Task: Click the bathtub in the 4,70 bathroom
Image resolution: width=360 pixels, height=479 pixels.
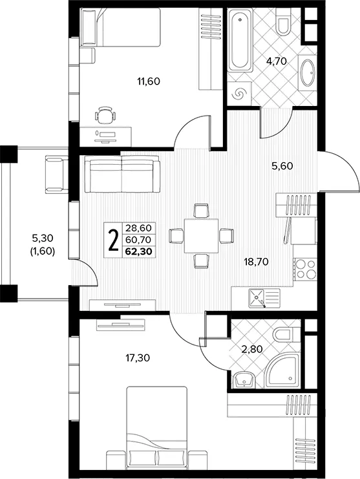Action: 240,39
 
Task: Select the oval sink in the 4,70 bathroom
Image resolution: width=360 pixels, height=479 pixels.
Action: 308,72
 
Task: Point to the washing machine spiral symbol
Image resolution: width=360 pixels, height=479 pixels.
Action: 238,94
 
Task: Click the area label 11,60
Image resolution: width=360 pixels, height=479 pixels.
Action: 149,81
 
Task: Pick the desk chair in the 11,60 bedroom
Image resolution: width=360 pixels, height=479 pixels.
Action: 105,115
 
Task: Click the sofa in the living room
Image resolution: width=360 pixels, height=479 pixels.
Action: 122,174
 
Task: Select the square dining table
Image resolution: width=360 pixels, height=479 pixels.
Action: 201,235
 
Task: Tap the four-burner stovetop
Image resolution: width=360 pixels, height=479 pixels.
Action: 305,269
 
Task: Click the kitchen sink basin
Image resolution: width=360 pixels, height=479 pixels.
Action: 257,298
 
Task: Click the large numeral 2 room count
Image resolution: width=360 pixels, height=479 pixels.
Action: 113,240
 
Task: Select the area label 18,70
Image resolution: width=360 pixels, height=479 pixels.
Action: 256,262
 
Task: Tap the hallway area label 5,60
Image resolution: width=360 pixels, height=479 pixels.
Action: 282,166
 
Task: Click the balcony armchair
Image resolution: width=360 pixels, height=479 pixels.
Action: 57,174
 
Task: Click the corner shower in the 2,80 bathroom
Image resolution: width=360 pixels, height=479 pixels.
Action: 282,370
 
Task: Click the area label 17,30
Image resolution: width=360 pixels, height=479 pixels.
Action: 138,357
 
